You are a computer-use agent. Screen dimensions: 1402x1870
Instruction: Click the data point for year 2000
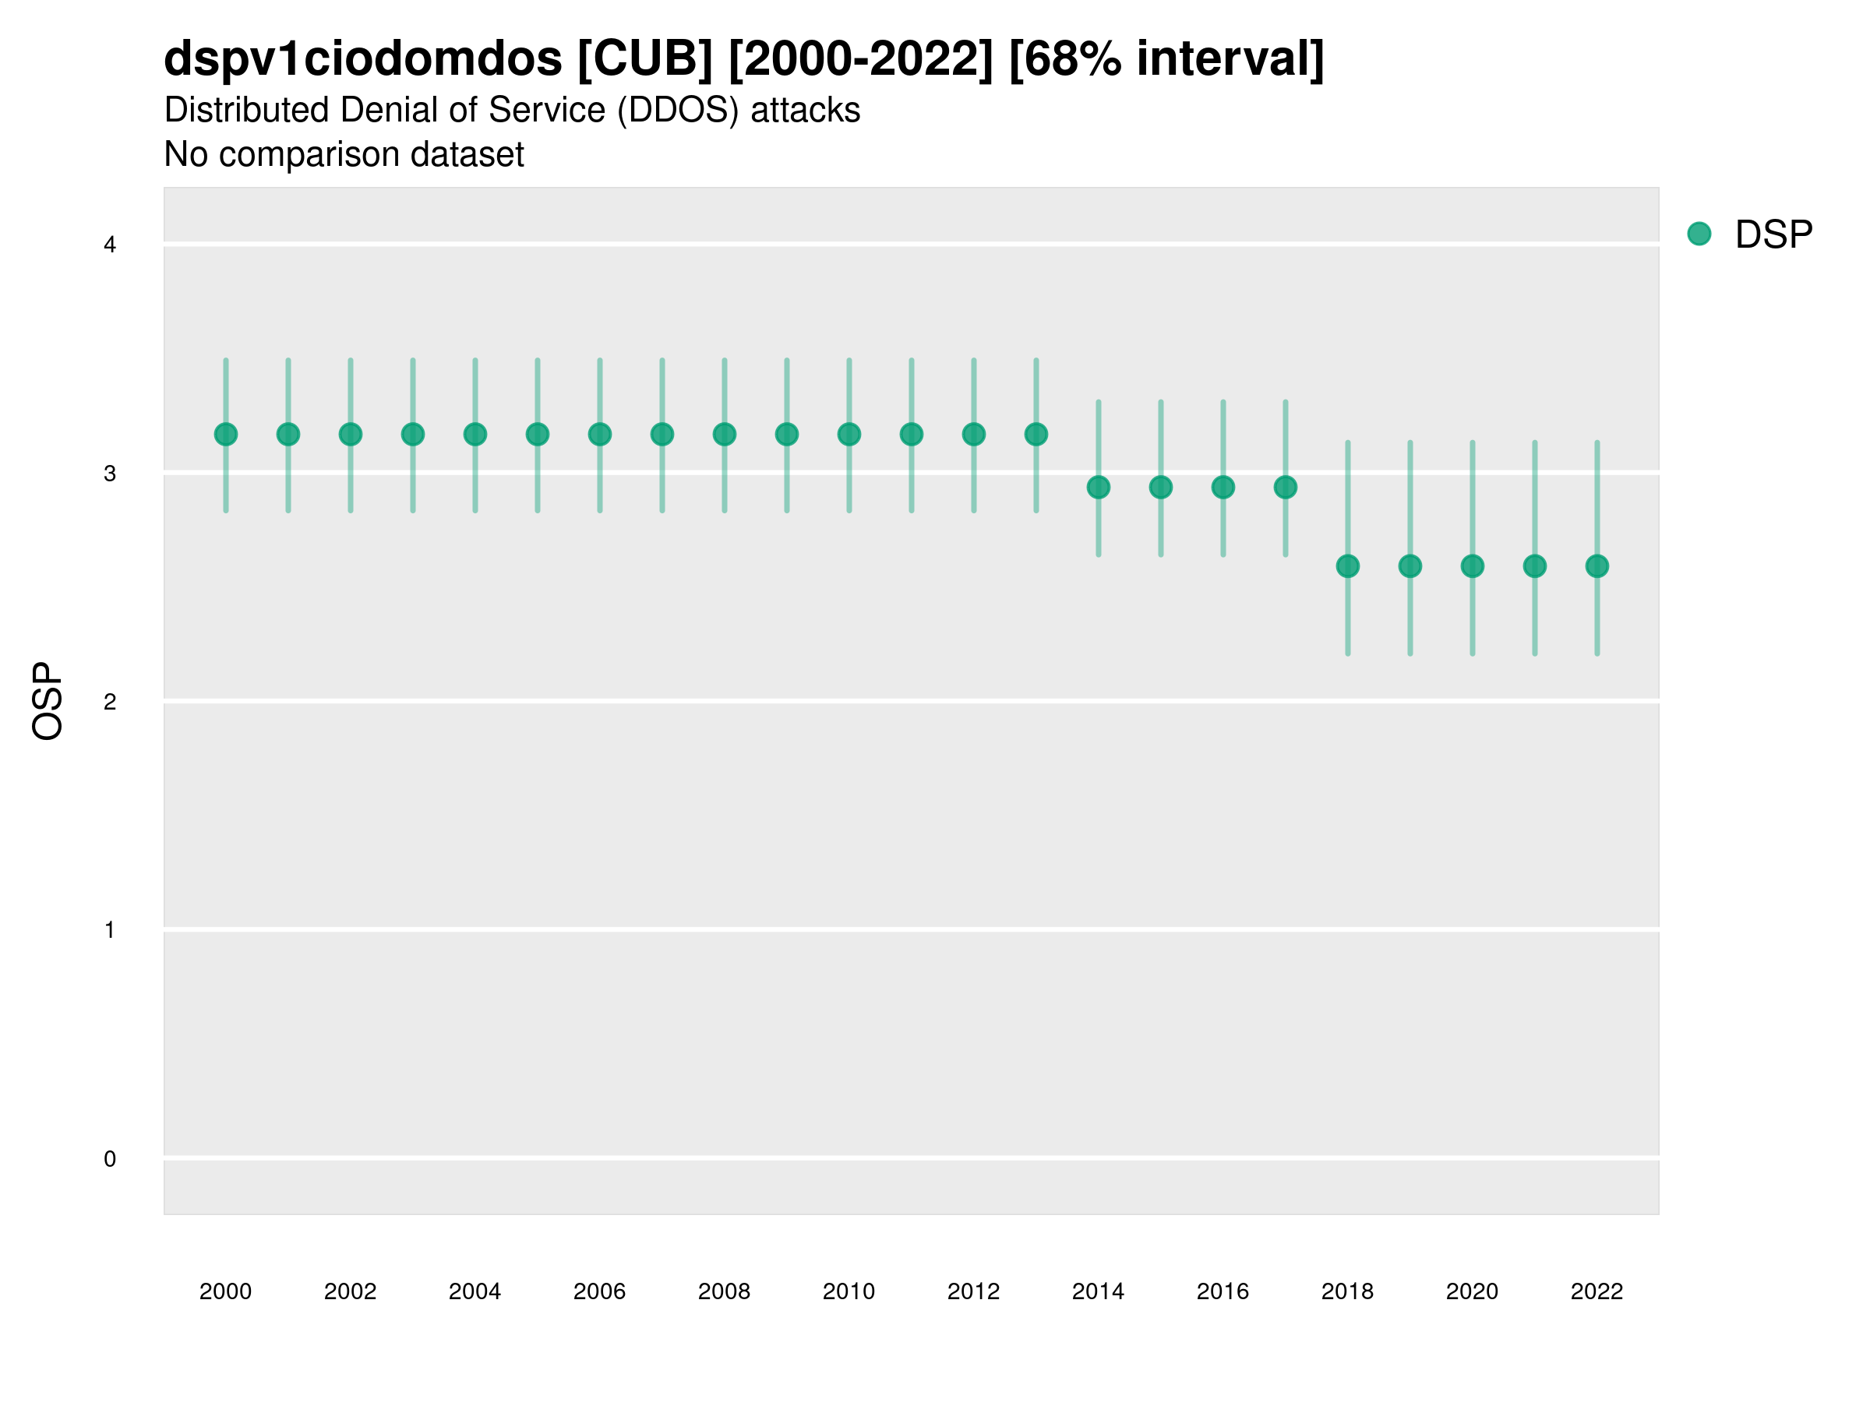pyautogui.click(x=226, y=435)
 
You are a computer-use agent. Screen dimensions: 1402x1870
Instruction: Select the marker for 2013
pyautogui.click(x=1036, y=435)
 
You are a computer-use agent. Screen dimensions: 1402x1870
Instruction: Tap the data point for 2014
pyautogui.click(x=1098, y=487)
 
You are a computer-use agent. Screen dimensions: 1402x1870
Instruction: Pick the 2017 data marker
pyautogui.click(x=1285, y=487)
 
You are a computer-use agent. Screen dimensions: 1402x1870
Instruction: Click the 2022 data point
pyautogui.click(x=1597, y=565)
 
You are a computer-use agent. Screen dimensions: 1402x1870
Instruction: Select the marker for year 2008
pyautogui.click(x=725, y=435)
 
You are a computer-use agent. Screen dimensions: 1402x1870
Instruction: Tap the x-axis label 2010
pyautogui.click(x=849, y=1291)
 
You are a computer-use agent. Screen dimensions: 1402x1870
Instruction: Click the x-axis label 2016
pyautogui.click(x=1223, y=1291)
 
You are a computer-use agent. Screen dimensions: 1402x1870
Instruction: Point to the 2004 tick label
pyautogui.click(x=475, y=1291)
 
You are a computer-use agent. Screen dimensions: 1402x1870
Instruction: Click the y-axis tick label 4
pyautogui.click(x=110, y=245)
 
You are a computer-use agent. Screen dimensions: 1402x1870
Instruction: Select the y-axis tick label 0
pyautogui.click(x=110, y=1159)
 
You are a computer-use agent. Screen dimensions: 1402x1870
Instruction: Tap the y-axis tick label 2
pyautogui.click(x=110, y=702)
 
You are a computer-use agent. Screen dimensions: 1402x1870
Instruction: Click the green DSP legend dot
pyautogui.click(x=1699, y=234)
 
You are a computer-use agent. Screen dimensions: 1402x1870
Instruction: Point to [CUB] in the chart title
pyautogui.click(x=646, y=59)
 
